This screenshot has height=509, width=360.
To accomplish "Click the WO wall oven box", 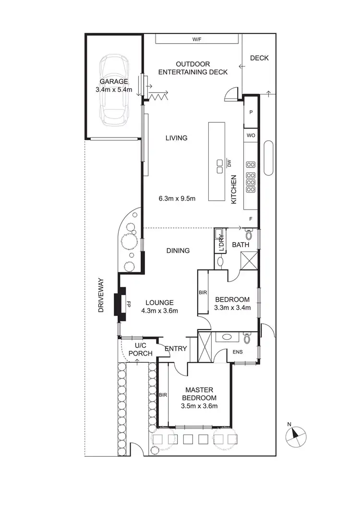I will [x=251, y=135].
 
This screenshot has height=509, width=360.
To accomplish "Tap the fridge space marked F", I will [x=251, y=219].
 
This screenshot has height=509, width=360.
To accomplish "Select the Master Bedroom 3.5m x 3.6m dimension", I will [x=198, y=406].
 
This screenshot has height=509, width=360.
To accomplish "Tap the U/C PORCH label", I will [x=144, y=349].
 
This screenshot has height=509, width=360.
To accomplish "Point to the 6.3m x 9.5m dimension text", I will [x=177, y=198].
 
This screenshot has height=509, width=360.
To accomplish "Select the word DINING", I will [x=178, y=250].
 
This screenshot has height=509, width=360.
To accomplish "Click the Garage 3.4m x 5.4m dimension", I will [x=113, y=89].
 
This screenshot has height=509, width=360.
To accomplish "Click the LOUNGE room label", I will [x=159, y=302].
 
